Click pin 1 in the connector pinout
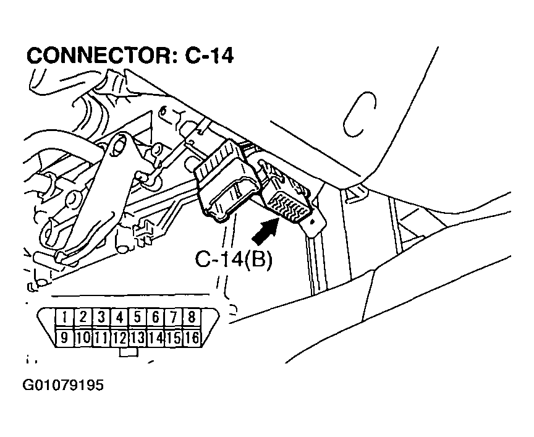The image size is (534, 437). pos(64,318)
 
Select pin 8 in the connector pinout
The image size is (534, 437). pos(192,318)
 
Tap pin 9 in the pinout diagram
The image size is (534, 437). pos(64,337)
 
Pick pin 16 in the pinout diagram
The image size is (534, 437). pos(192,337)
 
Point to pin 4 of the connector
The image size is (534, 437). pos(119,318)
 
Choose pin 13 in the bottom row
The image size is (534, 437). pos(138,337)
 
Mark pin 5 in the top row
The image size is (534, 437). pos(138,318)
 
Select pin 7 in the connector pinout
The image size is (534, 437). pos(174,318)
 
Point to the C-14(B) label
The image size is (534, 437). pos(233,259)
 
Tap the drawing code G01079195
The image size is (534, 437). pos(63,386)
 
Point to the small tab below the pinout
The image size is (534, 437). pos(128,352)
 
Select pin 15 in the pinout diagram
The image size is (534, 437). pos(174,337)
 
